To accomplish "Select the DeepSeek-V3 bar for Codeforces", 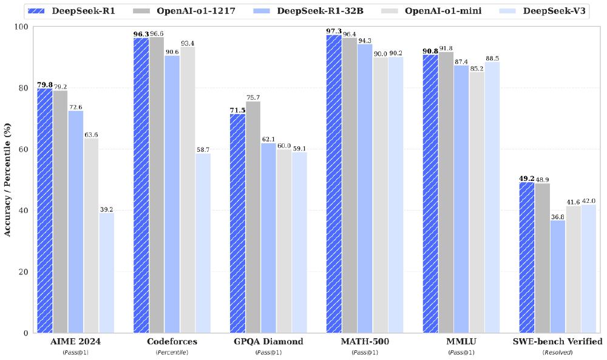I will tap(203, 243).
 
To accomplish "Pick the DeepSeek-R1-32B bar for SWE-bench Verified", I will tap(558, 276).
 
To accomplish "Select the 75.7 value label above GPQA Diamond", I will tap(253, 97).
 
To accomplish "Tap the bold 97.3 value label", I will tap(333, 30).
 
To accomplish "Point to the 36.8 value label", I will tap(558, 216).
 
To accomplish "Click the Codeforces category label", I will tap(172, 342).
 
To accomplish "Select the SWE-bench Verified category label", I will tap(558, 342).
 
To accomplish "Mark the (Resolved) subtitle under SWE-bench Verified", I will tap(558, 352).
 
